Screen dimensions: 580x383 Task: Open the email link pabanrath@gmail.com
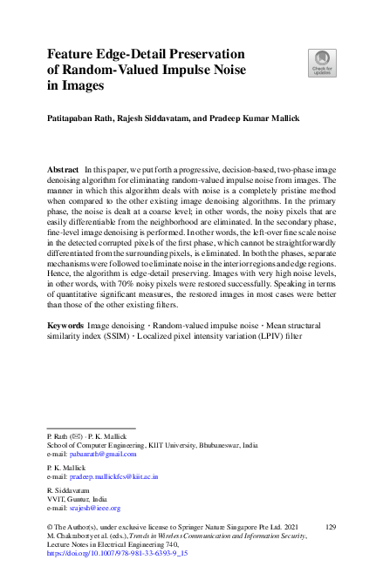[x=103, y=454]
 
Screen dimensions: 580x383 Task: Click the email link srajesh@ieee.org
[x=95, y=508]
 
